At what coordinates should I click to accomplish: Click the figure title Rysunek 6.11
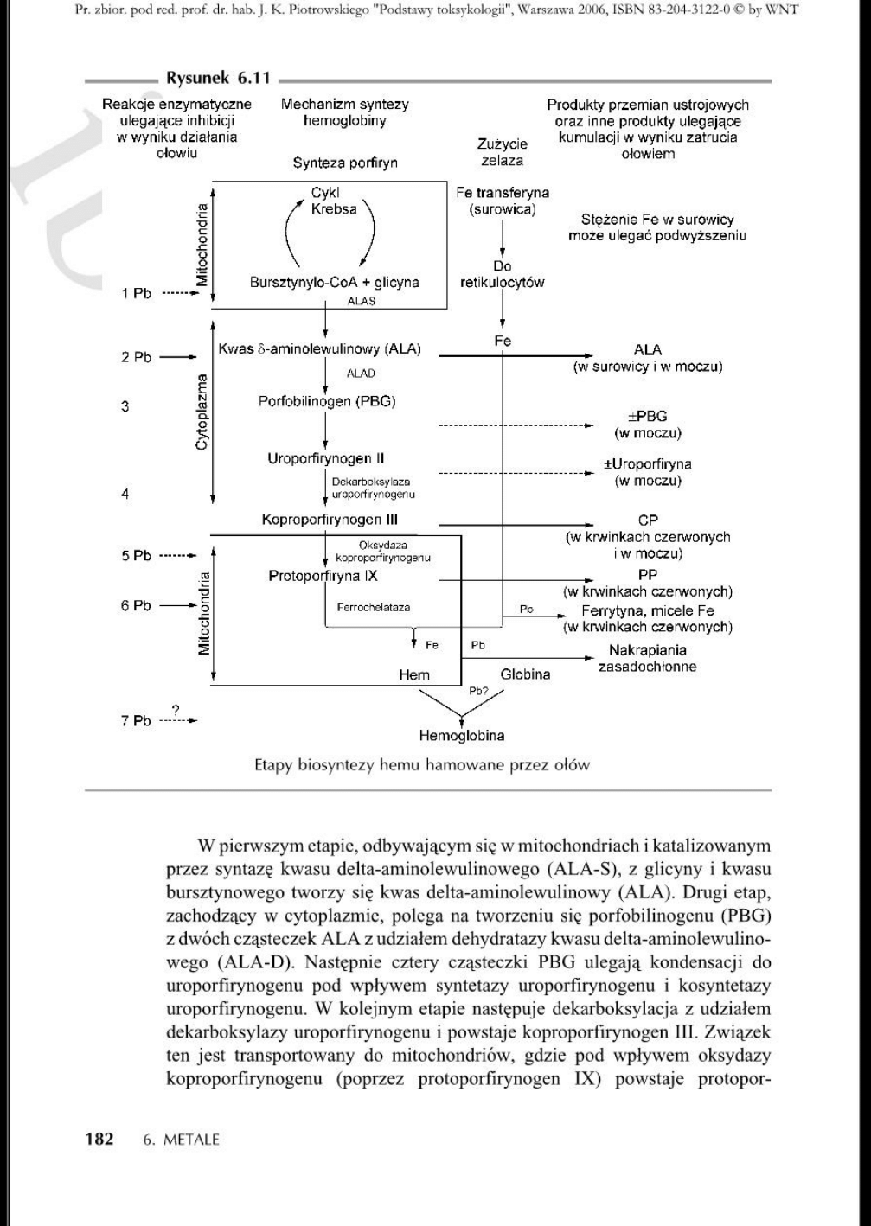(218, 79)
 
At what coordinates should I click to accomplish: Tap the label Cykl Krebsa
(334, 201)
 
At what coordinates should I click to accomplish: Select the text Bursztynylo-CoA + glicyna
(334, 282)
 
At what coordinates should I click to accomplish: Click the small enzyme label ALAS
(361, 301)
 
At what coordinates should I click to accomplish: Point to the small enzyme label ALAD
(361, 374)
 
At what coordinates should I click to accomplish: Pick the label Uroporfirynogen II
(325, 458)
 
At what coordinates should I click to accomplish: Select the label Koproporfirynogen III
(330, 520)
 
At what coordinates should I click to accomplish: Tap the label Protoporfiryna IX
(323, 576)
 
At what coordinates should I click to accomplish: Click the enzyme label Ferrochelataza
(374, 608)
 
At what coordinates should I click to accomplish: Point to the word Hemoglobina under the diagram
(462, 736)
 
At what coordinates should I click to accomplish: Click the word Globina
(524, 674)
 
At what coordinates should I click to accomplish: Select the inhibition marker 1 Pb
(136, 293)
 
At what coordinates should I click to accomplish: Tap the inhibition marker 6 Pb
(136, 606)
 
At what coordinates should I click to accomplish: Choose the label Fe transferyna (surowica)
(502, 201)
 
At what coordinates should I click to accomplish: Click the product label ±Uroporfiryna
(647, 464)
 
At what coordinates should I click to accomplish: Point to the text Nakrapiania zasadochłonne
(647, 658)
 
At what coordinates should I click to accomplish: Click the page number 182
(99, 1138)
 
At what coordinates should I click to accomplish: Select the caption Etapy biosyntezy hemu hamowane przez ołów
(422, 764)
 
